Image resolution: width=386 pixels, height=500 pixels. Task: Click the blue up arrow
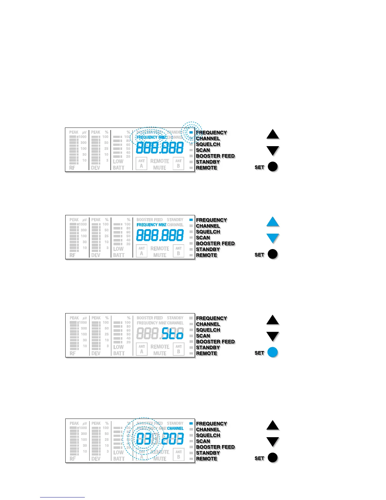coord(273,222)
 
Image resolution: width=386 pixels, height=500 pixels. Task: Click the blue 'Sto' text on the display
coord(172,333)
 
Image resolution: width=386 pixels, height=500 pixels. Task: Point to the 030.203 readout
coord(160,439)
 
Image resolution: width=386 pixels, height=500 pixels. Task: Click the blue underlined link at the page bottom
coord(62,497)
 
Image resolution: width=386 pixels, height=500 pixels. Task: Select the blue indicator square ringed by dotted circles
coord(191,133)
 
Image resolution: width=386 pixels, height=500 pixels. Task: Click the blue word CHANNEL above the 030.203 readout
coord(175,428)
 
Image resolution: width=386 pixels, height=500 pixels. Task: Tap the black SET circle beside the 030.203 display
coord(272,458)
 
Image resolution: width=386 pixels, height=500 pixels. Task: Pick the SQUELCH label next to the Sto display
coord(208,330)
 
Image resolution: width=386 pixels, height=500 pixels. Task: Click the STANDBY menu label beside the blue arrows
coord(208,249)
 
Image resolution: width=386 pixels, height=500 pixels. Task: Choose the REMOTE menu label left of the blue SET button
coord(207,353)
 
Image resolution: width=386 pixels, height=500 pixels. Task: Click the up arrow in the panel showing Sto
coord(273,320)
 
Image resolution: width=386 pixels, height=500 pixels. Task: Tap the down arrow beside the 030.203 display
coord(273,441)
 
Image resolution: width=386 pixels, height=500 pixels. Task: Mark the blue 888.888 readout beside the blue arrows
coord(160,235)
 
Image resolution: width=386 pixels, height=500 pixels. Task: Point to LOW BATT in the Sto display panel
coord(119,350)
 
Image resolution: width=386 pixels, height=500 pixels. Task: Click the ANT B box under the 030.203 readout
coord(178,455)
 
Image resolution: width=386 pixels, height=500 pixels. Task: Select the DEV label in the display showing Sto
coord(96,353)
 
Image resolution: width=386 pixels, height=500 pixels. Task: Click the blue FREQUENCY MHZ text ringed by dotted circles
coord(151,137)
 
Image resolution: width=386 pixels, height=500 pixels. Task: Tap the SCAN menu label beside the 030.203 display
coord(203,441)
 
